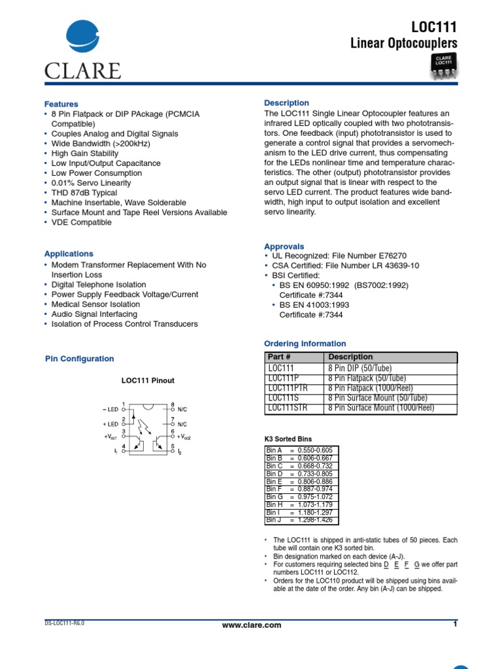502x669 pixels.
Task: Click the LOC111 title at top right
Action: tap(434, 27)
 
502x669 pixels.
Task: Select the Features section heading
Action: tap(61, 104)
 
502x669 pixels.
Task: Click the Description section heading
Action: tap(286, 103)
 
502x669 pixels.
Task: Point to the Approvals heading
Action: tap(284, 246)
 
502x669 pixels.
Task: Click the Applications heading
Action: tap(69, 253)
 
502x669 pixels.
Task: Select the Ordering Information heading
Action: tap(305, 344)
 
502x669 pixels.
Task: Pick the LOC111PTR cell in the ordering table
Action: tap(288, 387)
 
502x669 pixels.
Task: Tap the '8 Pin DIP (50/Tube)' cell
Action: tap(367, 368)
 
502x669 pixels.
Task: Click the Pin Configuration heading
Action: tap(79, 359)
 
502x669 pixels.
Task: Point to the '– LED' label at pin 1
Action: tap(110, 409)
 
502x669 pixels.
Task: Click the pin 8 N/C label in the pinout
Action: tap(182, 409)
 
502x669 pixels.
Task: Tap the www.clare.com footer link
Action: tap(252, 625)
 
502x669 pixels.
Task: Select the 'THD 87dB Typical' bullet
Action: tap(84, 193)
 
